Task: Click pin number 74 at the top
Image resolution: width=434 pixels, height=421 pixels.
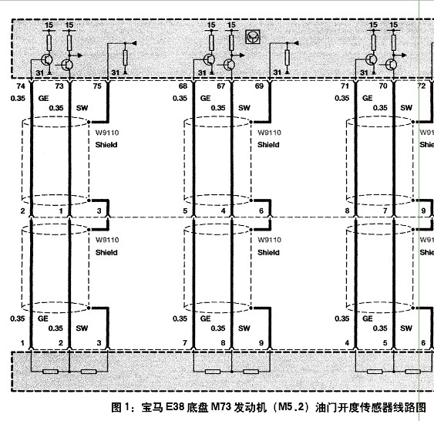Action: [21, 86]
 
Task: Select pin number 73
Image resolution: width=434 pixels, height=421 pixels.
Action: [59, 86]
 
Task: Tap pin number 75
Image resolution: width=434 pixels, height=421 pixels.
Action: [97, 86]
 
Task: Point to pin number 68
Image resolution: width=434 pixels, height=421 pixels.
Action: [183, 86]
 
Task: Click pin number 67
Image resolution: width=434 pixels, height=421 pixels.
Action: [221, 86]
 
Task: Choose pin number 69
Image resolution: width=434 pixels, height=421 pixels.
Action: [259, 86]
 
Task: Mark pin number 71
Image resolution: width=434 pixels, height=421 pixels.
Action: [345, 86]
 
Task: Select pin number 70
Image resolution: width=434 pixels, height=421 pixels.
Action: [383, 86]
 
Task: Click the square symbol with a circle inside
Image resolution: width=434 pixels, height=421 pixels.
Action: [253, 37]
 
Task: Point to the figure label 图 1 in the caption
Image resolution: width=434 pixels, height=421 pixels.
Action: [120, 407]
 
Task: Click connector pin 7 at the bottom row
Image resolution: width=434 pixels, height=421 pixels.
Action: [185, 343]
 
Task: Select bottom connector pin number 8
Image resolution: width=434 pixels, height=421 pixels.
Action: [223, 343]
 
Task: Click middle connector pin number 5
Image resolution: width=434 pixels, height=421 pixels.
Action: [185, 211]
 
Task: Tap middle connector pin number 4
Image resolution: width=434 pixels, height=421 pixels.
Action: [223, 211]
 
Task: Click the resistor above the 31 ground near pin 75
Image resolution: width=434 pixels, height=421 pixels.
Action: [125, 58]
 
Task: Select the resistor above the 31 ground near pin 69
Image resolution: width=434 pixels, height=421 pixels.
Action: [288, 58]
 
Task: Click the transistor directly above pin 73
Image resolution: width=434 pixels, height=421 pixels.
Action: [67, 65]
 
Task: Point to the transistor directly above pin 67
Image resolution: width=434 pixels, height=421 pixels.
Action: [230, 65]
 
